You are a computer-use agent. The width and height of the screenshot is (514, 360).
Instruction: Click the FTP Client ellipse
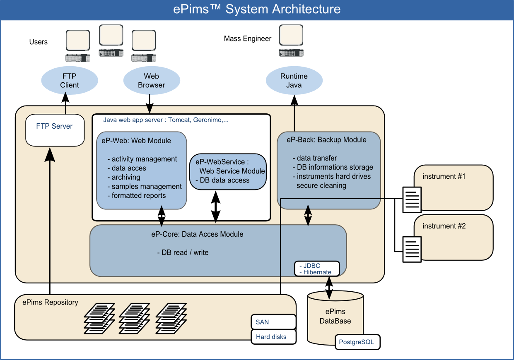click(x=70, y=81)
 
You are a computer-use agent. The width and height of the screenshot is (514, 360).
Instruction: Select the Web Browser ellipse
click(x=152, y=81)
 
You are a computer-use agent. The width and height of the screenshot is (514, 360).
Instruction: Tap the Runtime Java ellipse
click(x=294, y=81)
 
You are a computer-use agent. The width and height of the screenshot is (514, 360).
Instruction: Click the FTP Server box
click(x=55, y=127)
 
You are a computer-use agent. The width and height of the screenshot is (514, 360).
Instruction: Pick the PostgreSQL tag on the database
click(x=357, y=342)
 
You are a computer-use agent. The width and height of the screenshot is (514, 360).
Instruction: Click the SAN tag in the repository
click(x=273, y=322)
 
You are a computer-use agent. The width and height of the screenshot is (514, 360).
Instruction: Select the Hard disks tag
click(x=273, y=337)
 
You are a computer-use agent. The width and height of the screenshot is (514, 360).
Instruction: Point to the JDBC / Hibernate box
click(x=317, y=269)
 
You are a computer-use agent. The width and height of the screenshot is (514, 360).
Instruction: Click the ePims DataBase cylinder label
click(x=335, y=316)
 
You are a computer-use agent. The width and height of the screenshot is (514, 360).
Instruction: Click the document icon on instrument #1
click(x=412, y=200)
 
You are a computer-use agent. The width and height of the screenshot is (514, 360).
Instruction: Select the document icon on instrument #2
click(x=412, y=249)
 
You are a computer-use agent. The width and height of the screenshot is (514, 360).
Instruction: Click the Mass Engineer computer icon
click(x=291, y=41)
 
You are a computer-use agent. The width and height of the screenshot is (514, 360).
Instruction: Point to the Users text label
click(x=39, y=42)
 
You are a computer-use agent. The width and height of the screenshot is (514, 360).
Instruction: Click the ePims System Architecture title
click(x=257, y=9)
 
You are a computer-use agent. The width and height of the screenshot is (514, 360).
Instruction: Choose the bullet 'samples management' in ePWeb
click(x=147, y=187)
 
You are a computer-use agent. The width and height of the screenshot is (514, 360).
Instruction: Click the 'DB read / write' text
click(x=183, y=252)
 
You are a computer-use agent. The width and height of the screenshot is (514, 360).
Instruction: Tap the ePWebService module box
click(x=227, y=171)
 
